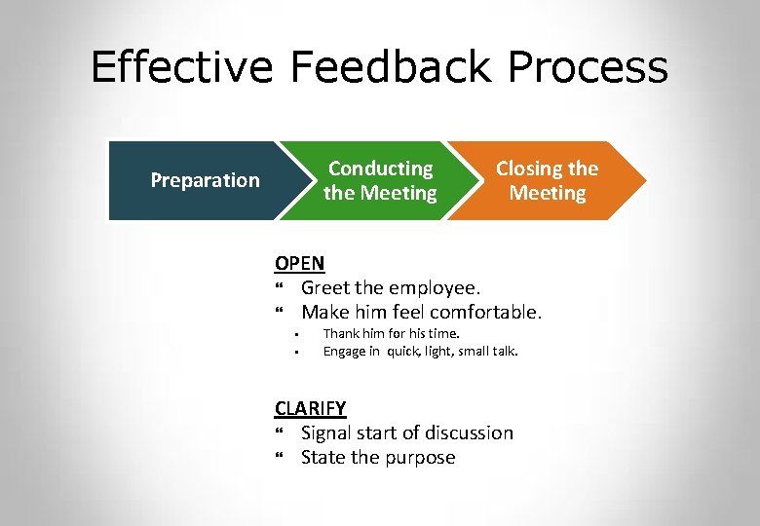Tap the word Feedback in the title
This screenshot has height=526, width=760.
pyautogui.click(x=394, y=68)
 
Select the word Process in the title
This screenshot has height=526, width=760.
pyautogui.click(x=589, y=68)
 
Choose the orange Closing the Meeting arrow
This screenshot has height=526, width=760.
pyautogui.click(x=547, y=180)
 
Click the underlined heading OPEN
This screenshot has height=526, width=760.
pyautogui.click(x=299, y=263)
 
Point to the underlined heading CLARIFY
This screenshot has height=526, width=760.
pyautogui.click(x=310, y=408)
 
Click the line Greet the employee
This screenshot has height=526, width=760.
pyautogui.click(x=391, y=287)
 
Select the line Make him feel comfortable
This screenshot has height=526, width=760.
pyautogui.click(x=421, y=313)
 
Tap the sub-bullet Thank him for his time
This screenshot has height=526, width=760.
pyautogui.click(x=391, y=334)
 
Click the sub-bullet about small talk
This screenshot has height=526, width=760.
pyautogui.click(x=420, y=351)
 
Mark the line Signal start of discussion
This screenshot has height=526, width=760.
pyautogui.click(x=406, y=432)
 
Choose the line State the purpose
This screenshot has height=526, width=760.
pyautogui.click(x=378, y=458)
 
